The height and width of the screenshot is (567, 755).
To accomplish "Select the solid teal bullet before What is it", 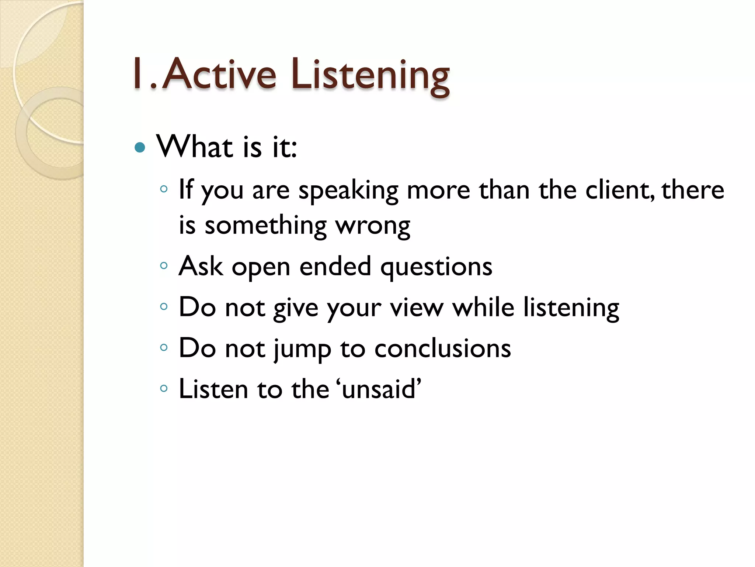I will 140,148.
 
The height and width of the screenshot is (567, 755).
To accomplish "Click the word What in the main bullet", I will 195,146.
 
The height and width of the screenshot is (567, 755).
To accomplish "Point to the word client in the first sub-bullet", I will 619,190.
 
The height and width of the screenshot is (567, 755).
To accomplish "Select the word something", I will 265,226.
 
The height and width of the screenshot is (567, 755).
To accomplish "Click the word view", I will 417,307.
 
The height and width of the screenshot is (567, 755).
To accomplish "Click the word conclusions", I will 442,348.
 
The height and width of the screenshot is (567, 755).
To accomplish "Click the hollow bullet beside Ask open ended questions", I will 164,265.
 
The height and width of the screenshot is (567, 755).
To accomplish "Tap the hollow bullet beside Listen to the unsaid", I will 164,388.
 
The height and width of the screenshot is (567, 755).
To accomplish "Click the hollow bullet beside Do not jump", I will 164,347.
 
